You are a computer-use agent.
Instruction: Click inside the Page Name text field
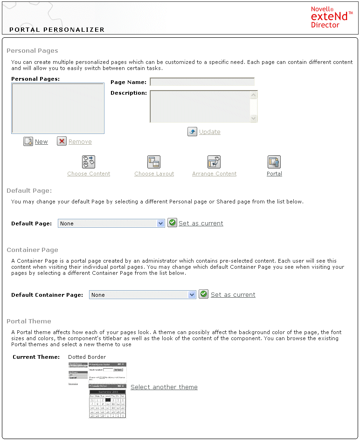click(202, 82)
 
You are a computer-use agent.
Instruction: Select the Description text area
click(200, 106)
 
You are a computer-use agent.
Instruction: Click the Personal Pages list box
click(58, 108)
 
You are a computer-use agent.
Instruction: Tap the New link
click(41, 142)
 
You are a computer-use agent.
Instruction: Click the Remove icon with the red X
click(62, 141)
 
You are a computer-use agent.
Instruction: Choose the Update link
click(209, 132)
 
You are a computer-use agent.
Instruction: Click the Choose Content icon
click(89, 162)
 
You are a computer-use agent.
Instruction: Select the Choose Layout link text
click(154, 174)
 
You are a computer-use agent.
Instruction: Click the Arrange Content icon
click(214, 162)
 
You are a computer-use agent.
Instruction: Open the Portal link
click(274, 174)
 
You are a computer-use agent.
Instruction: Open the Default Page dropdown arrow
click(161, 223)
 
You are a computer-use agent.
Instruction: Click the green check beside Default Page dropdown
click(172, 223)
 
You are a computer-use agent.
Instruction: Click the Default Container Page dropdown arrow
click(192, 295)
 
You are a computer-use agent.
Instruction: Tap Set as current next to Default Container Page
click(233, 295)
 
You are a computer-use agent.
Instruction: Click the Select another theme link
click(164, 387)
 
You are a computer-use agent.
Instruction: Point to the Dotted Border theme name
click(87, 357)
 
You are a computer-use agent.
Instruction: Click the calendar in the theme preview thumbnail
click(107, 404)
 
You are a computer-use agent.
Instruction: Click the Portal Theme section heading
click(29, 321)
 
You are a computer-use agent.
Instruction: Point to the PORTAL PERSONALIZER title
click(57, 29)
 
